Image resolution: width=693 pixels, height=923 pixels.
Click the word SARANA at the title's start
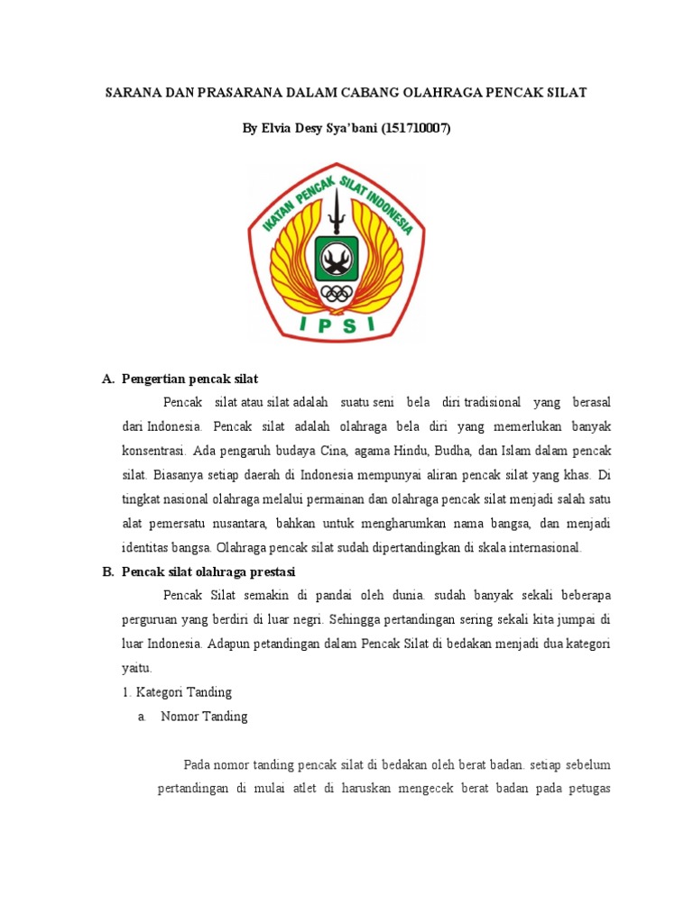click(x=132, y=93)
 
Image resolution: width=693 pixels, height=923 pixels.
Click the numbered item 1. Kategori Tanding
click(x=177, y=692)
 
